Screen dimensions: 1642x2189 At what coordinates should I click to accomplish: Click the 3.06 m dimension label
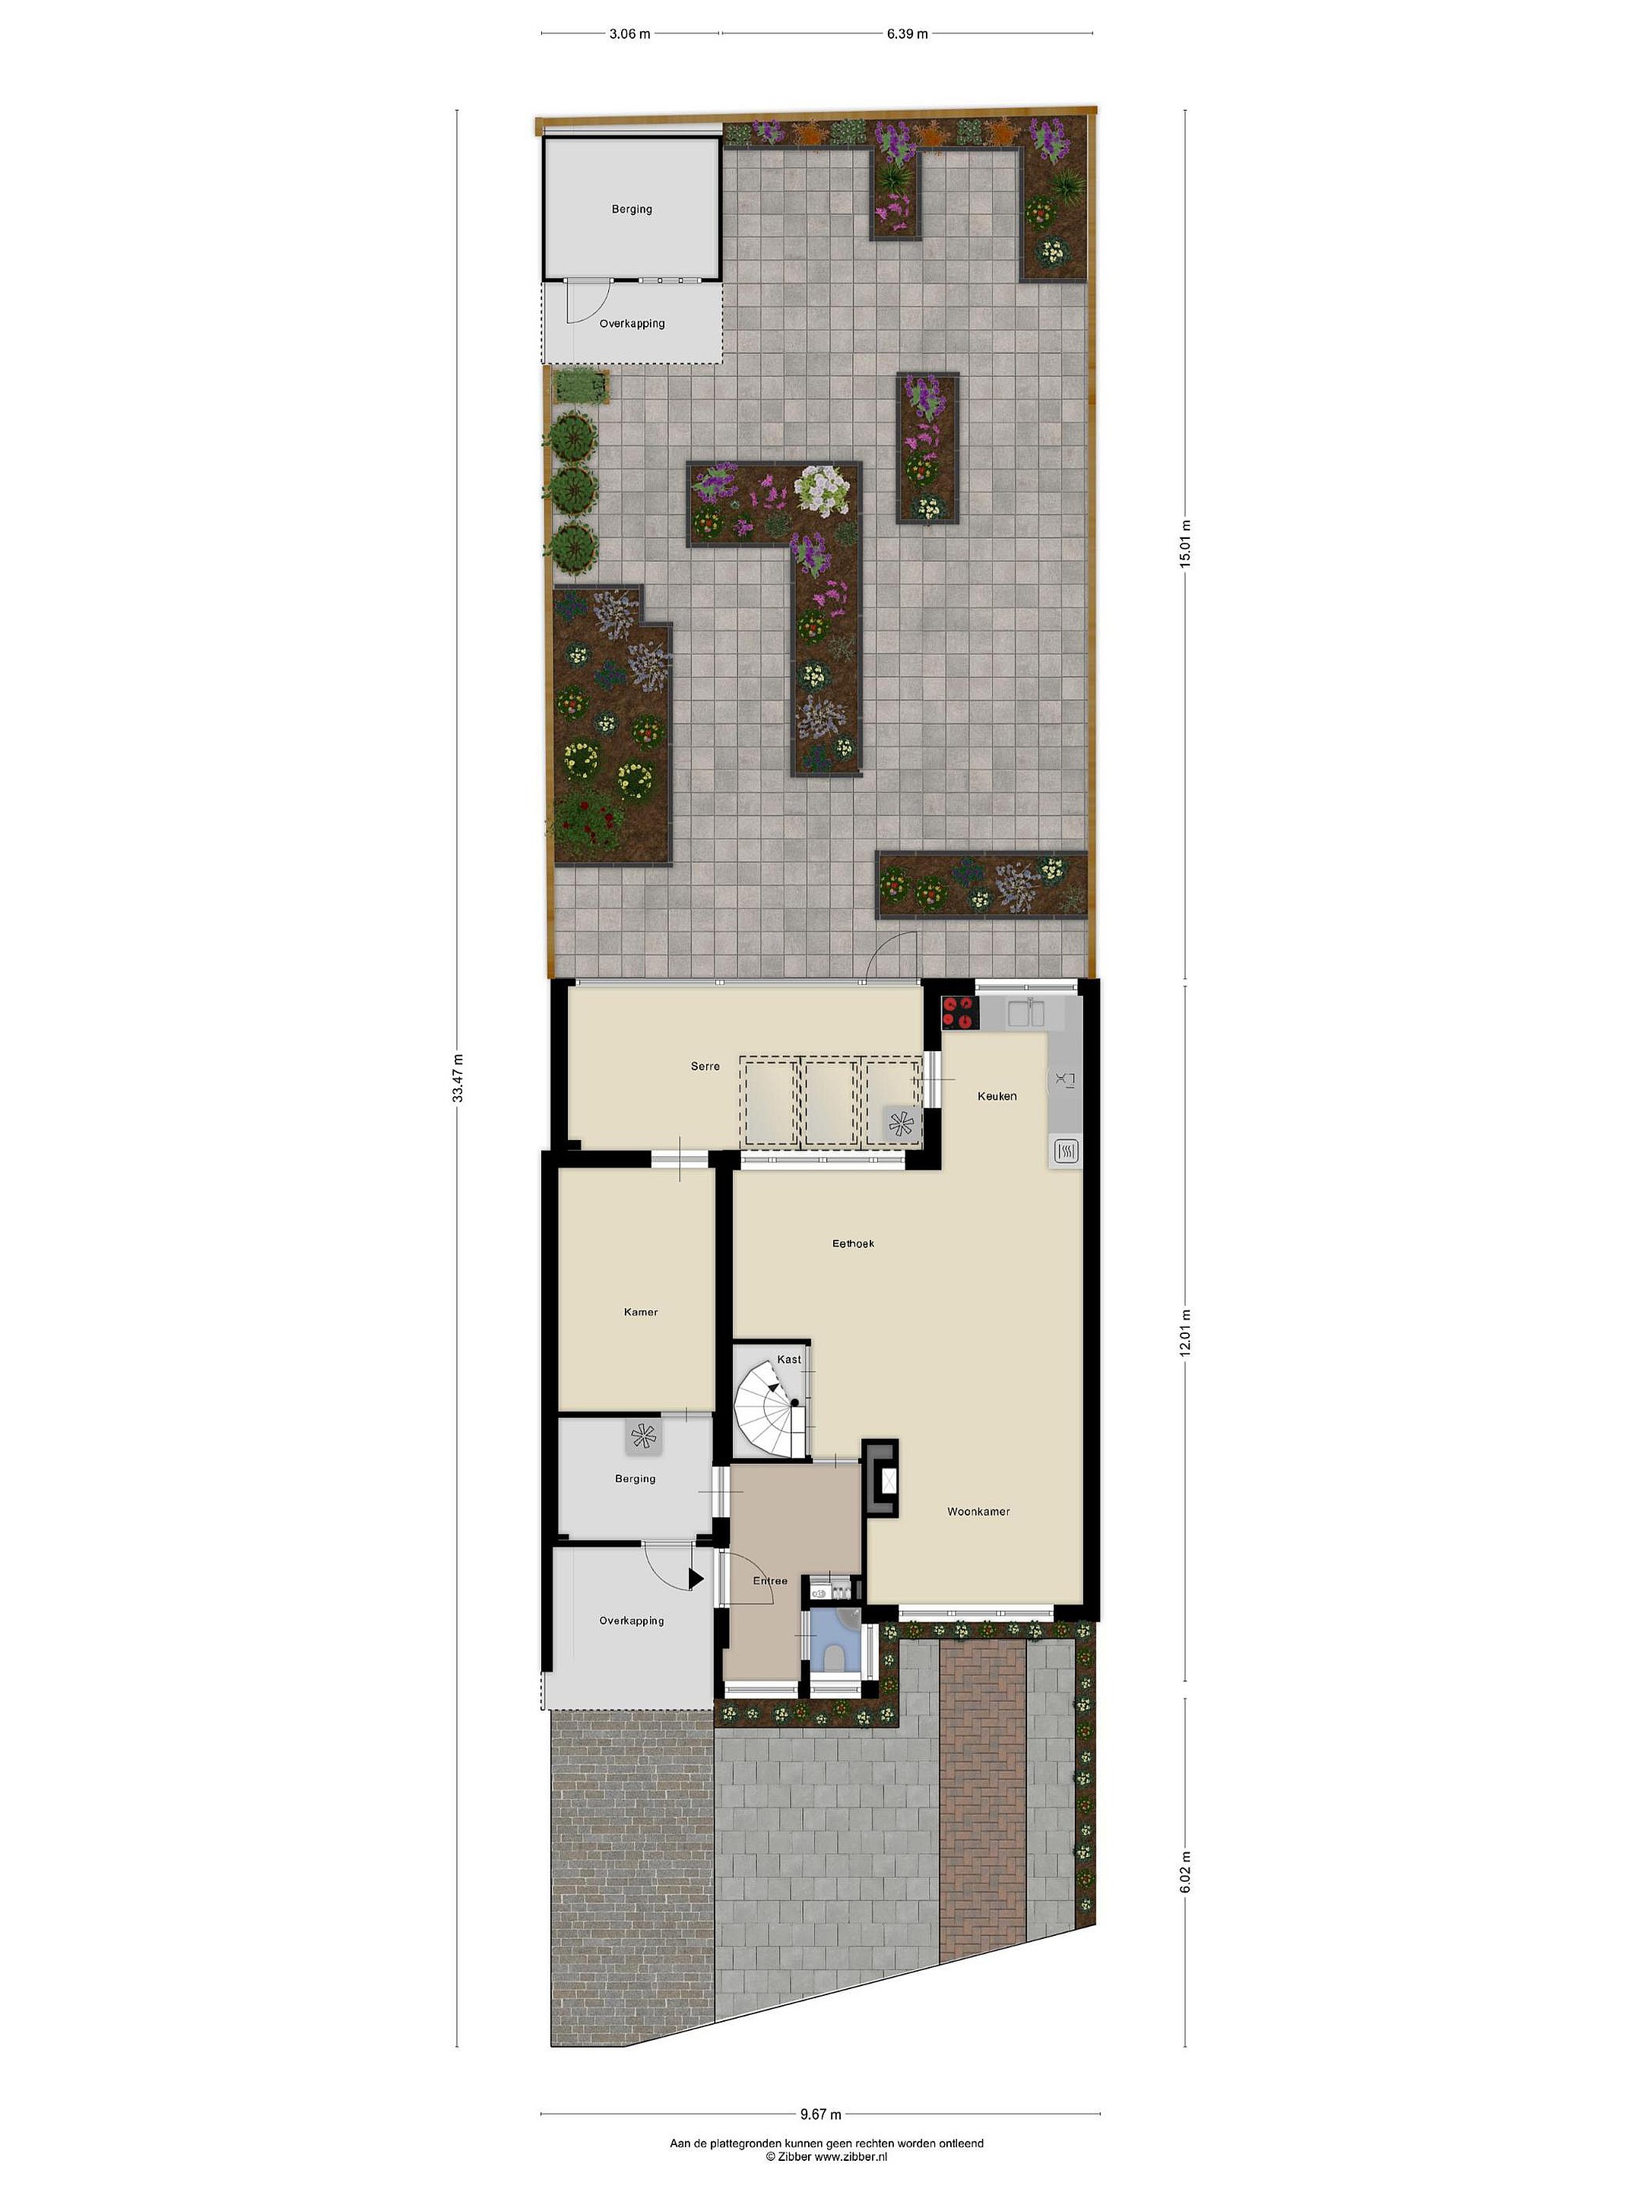point(629,33)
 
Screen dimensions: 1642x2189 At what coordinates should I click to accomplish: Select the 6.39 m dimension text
point(908,33)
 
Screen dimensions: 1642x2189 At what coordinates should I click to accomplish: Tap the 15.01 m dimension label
point(1184,543)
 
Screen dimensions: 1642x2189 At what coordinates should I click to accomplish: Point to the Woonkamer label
point(978,1511)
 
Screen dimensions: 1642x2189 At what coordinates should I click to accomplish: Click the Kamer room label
point(640,1312)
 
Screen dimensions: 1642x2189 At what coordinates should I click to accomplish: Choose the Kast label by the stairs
point(789,1360)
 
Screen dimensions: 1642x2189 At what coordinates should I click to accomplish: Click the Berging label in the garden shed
point(632,210)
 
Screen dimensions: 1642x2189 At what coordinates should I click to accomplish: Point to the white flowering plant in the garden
point(823,489)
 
